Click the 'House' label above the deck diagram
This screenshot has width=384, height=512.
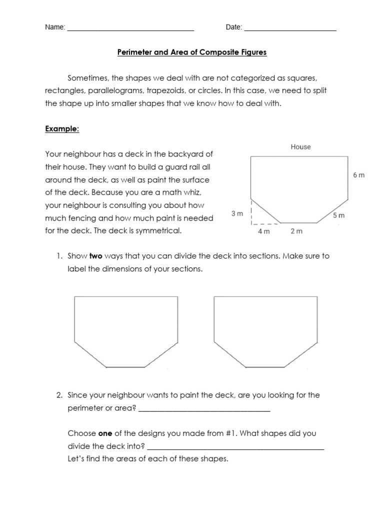[300, 147]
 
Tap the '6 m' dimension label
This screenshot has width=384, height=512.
[359, 175]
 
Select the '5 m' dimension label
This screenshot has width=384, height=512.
[338, 215]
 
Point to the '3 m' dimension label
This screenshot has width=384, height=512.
[237, 213]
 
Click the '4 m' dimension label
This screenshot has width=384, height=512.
[263, 231]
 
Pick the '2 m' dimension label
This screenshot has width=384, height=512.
[296, 231]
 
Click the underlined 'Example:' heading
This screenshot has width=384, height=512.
[62, 128]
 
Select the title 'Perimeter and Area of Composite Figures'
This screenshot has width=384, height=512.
[192, 52]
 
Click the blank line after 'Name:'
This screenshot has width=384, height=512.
[130, 28]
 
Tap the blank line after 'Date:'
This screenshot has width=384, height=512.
[290, 28]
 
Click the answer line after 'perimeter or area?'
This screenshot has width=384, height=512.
[204, 408]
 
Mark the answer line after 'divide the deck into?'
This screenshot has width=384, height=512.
[236, 446]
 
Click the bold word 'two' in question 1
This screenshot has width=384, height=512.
[96, 256]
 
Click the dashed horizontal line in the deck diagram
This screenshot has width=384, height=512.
[265, 223]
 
